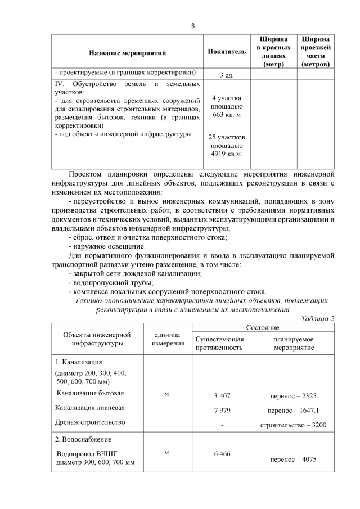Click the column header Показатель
[x=227, y=52]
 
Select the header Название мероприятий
[x=127, y=52]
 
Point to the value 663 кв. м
[x=227, y=114]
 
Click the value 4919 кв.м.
[x=226, y=154]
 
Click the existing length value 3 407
[x=222, y=395]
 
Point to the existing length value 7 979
[x=222, y=410]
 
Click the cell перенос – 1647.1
[x=293, y=410]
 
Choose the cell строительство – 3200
[x=293, y=425]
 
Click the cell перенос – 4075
[x=293, y=459]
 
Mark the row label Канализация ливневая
[x=90, y=407]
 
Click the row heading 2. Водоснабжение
[x=83, y=439]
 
